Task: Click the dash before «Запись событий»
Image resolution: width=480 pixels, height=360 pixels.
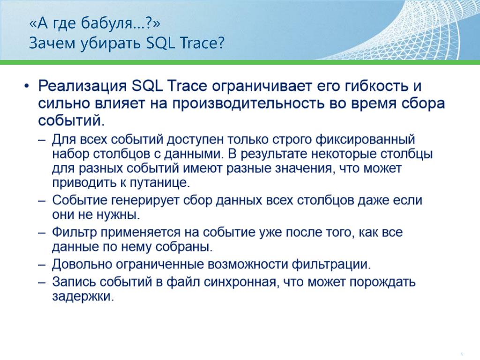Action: (42, 282)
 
